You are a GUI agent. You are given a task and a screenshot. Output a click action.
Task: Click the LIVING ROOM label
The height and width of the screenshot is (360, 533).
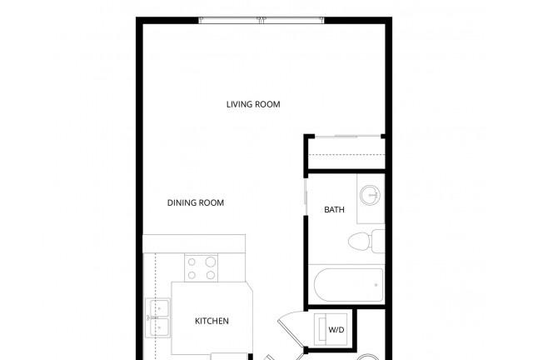coord(253,104)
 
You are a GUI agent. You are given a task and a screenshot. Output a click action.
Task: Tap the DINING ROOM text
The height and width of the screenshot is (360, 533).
coord(196,202)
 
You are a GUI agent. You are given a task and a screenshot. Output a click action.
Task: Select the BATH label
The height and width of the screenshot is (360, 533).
coord(334,210)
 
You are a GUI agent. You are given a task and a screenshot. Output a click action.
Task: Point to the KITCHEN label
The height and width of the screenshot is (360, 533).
coord(212,321)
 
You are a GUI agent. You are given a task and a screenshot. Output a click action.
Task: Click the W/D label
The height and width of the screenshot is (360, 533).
coord(336,330)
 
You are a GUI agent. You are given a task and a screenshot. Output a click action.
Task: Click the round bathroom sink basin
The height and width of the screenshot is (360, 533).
coord(370,195)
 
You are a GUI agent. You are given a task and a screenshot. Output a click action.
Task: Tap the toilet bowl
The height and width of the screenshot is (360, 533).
coord(360,241)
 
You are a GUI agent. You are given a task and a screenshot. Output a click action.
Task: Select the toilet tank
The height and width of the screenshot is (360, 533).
coord(378,241)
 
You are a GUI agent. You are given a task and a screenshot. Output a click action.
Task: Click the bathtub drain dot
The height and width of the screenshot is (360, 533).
coord(376,285)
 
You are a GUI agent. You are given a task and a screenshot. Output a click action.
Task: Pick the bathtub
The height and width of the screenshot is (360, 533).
coord(349,285)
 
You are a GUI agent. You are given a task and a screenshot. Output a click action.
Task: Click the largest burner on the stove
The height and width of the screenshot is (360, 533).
coord(211,262)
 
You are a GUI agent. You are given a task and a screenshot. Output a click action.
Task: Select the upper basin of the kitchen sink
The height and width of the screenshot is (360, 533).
coord(159,308)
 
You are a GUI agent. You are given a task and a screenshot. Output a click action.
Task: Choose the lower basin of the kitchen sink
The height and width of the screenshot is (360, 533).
coord(159,327)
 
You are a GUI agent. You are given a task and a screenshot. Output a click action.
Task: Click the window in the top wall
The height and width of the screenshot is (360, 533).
coord(261,20)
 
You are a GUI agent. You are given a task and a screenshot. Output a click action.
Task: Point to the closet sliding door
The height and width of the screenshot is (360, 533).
coord(348,137)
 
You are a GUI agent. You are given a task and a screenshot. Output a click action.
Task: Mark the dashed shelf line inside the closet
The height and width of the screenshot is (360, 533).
coord(346,155)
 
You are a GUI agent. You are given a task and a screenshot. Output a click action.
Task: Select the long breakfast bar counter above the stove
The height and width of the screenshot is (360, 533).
coord(194,243)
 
